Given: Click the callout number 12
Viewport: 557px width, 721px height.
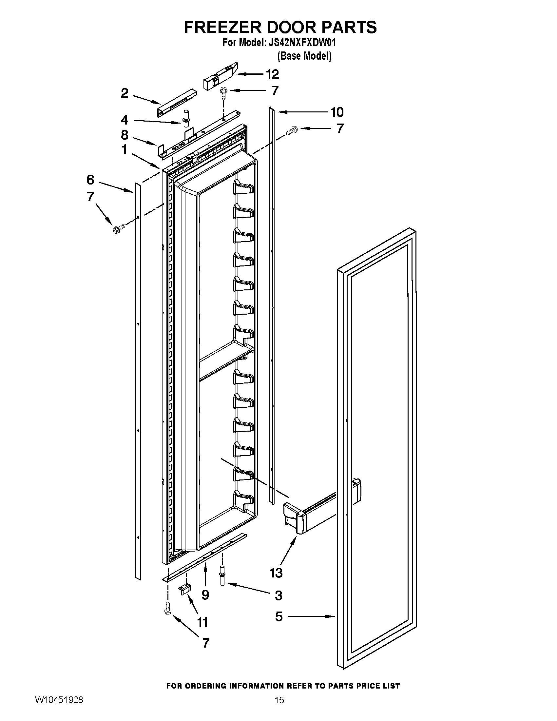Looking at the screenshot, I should [272, 74].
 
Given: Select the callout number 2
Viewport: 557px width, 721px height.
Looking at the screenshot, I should [125, 93].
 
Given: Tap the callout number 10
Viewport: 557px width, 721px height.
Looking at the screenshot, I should [337, 112].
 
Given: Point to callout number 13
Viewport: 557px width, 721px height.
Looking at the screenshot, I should [276, 573].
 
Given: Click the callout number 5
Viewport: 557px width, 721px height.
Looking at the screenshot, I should [279, 616].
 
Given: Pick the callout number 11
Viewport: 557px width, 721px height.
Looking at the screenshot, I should [202, 622].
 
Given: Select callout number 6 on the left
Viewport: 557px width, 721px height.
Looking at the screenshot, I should [90, 180].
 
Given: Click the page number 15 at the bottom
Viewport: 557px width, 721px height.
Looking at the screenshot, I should [279, 709].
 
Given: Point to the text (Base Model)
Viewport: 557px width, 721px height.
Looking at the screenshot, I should [304, 56].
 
